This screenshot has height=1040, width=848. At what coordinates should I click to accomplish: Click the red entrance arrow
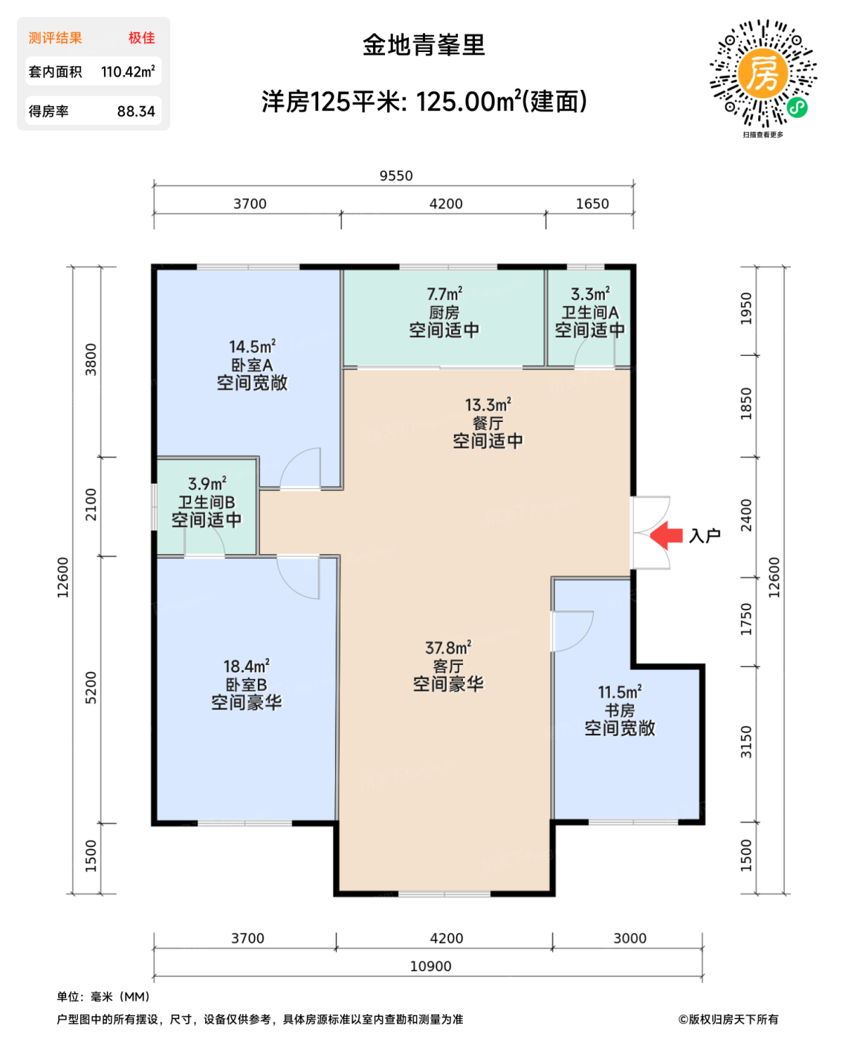pos(666,535)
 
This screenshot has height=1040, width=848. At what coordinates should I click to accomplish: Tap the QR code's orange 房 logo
pos(763,74)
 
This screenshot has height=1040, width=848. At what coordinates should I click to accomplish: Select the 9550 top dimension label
pos(395,176)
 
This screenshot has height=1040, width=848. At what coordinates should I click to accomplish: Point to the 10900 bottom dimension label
pos(430,966)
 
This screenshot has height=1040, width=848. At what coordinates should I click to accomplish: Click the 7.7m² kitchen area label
pos(444,294)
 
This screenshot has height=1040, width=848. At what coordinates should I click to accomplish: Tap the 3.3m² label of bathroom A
pos(590,294)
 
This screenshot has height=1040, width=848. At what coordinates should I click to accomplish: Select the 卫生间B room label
pos(207,502)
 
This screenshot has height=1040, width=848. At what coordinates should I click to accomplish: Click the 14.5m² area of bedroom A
pos(252,347)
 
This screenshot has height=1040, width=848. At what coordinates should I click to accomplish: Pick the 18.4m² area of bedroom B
pos(246,666)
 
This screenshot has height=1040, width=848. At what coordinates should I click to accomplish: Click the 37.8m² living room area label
pos(448,648)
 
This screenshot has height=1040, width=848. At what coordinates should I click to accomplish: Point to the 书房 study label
pos(619,710)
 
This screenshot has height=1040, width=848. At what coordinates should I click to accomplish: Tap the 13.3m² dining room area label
pos(488,405)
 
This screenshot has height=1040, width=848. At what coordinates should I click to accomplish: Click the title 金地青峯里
pos(424,45)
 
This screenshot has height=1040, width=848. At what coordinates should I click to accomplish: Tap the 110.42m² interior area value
pos(128,72)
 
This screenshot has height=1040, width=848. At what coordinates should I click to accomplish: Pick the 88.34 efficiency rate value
pos(136,111)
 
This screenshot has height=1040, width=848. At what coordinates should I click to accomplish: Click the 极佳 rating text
pos(141,38)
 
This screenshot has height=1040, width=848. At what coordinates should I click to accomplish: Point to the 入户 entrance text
pos(705,536)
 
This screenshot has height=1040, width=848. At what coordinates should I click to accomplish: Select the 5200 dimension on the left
pos(91,688)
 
